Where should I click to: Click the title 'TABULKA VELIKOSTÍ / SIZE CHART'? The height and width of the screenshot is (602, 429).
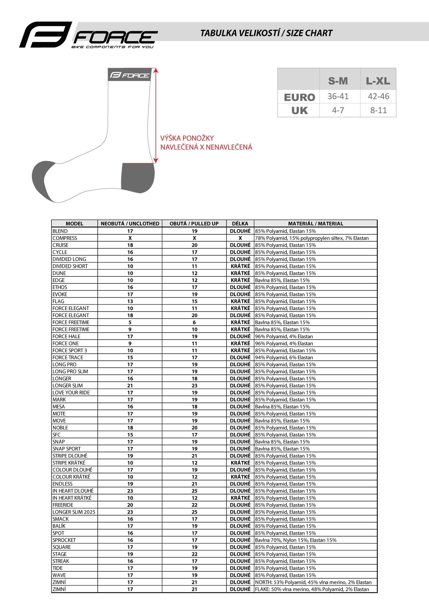click(x=266, y=33)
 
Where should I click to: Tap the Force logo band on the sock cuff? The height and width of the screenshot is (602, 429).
click(x=130, y=75)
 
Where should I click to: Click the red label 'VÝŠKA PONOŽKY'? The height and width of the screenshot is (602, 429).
click(x=187, y=138)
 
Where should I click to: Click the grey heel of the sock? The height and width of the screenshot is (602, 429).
click(x=138, y=177)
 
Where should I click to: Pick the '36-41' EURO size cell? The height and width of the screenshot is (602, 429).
click(x=338, y=96)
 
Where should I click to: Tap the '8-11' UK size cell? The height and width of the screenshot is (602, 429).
click(x=378, y=110)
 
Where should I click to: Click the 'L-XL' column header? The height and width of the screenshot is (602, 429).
click(x=378, y=81)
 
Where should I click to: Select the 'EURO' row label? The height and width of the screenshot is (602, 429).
click(x=299, y=97)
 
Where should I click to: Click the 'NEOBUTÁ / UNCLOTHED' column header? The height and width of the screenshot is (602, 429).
click(x=130, y=223)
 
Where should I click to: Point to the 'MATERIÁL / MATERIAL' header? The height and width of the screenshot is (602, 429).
click(x=315, y=223)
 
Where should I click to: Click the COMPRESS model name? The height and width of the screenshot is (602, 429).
click(x=65, y=238)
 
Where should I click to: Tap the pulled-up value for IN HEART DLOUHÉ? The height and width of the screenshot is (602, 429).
click(x=194, y=491)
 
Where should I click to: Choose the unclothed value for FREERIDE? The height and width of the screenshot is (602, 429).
click(x=130, y=505)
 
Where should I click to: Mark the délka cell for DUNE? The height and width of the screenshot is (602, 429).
click(x=240, y=273)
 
